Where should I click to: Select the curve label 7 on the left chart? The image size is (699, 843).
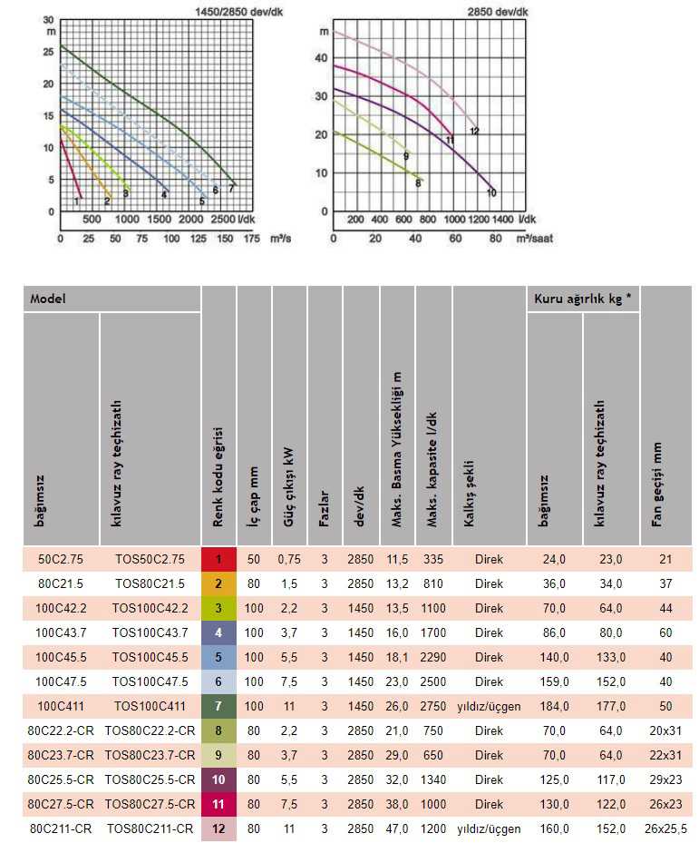231,188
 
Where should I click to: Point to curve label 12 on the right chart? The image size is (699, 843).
473,132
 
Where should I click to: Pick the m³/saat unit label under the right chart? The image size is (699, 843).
535,238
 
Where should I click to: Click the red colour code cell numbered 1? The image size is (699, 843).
218,559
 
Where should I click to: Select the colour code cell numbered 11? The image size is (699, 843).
218,804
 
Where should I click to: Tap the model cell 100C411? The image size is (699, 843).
61,706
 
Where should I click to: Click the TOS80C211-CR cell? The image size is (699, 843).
150,828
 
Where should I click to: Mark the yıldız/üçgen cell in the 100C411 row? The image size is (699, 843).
489,706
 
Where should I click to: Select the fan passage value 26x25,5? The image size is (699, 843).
665,828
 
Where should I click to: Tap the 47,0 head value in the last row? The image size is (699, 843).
398,828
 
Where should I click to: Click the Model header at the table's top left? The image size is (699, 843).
48,299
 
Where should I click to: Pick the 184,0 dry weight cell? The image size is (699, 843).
554,706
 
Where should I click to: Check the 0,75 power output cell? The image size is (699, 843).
289,559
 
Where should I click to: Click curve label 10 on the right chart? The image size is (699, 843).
491,193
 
